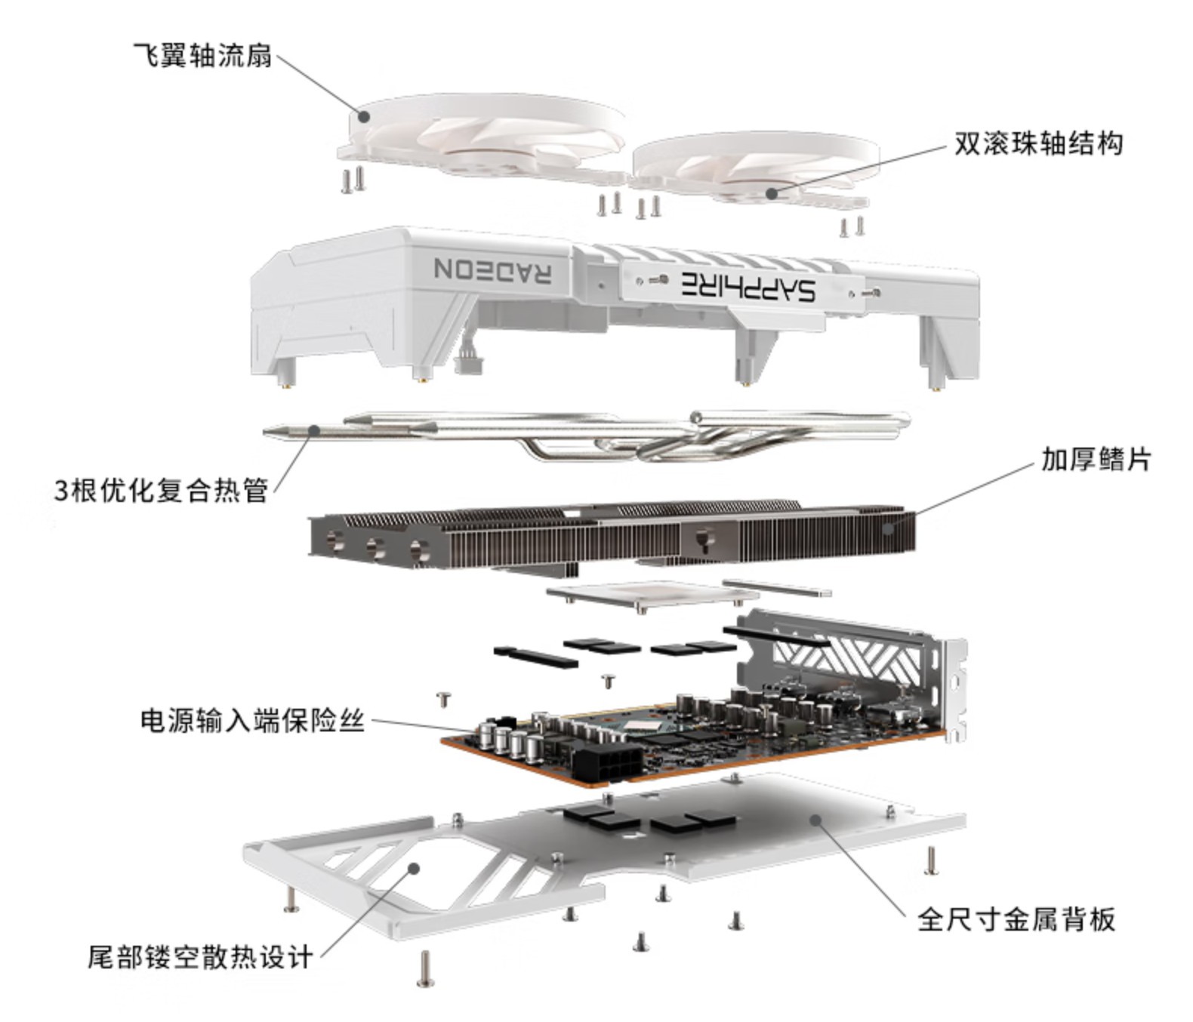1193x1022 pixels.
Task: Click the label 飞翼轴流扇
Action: tap(202, 55)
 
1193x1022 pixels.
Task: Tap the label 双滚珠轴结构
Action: tap(1038, 143)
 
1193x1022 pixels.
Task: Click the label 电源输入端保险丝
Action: tap(253, 721)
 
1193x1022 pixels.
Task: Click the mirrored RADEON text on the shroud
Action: tap(492, 269)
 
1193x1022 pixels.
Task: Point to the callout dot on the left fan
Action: tap(364, 116)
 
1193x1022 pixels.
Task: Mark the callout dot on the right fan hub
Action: tap(772, 193)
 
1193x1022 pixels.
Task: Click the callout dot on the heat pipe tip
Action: tap(315, 430)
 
